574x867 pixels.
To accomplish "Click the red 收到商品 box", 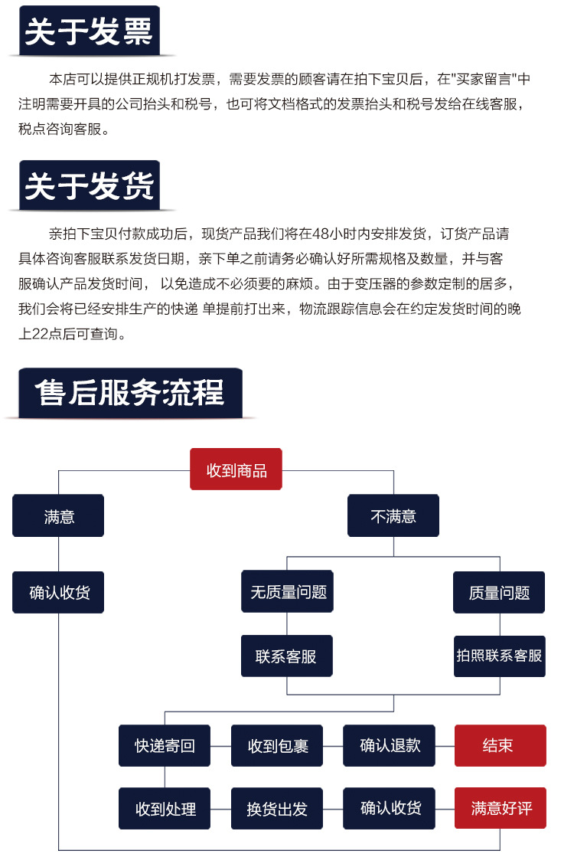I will (236, 469).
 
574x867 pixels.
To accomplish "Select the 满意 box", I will (58, 515).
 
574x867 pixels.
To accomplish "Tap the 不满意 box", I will (393, 515).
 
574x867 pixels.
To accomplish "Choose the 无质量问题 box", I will (288, 591).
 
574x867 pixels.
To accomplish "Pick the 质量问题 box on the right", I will (499, 592).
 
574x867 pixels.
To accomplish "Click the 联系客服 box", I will (287, 656).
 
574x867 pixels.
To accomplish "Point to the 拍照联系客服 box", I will (499, 656).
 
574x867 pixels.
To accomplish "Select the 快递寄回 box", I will (165, 745).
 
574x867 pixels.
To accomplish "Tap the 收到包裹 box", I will (277, 745).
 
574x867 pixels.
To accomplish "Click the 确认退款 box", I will (390, 745).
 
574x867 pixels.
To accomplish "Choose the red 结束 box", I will (500, 745).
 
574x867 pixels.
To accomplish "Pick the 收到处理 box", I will (165, 808).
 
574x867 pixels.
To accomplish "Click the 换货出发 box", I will (277, 808).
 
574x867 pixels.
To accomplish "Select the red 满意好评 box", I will (500, 808).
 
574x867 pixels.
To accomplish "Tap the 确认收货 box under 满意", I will (58, 592).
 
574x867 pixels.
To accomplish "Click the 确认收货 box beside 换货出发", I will (390, 808).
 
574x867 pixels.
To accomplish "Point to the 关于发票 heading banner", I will (90, 33).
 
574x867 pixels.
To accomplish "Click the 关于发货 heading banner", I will (90, 186).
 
